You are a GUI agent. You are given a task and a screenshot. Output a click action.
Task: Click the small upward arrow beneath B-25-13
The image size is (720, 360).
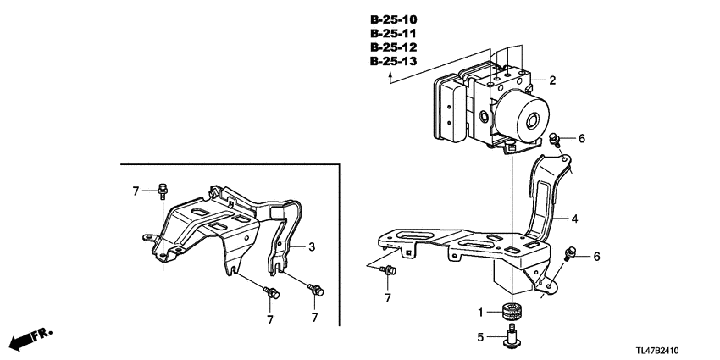pos(390,78)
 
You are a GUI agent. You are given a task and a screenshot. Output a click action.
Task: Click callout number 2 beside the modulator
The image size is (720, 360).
pos(552,81)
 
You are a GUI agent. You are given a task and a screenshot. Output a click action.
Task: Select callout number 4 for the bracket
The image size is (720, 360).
pos(574,219)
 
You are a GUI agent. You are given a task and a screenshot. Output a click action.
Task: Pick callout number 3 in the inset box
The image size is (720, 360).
pos(312,246)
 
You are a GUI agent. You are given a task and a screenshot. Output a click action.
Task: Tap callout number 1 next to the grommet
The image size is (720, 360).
pos(481,313)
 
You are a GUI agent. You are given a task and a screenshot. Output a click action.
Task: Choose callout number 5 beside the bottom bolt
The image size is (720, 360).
pos(481,338)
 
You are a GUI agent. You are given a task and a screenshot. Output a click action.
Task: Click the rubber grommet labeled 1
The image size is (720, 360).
pos(512,313)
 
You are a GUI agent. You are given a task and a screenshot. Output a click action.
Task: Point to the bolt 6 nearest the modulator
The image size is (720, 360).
pos(555,140)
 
